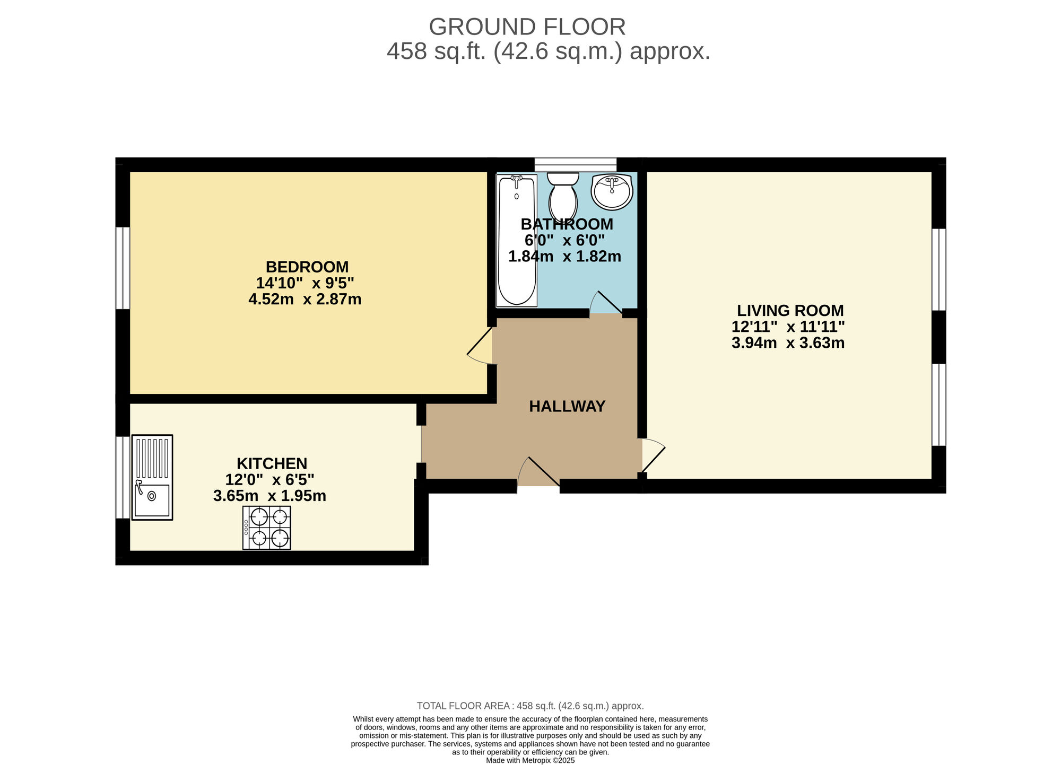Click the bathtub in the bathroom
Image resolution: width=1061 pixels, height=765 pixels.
tap(516, 240)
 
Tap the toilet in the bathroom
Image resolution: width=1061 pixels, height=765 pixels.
tap(563, 195)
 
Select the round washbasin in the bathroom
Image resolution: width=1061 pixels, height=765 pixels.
tap(612, 191)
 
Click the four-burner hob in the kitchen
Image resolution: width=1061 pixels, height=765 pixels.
tap(267, 527)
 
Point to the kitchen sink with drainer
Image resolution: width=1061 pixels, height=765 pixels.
tap(152, 477)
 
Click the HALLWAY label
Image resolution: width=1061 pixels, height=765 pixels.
tap(567, 407)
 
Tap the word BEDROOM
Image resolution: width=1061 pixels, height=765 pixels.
tap(307, 267)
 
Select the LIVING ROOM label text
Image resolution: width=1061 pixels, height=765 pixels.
tap(790, 311)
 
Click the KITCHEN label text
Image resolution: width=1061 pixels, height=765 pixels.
tap(272, 464)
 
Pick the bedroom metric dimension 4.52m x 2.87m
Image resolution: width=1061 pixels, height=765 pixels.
tap(305, 300)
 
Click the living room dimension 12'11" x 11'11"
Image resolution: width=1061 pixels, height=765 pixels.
tap(788, 327)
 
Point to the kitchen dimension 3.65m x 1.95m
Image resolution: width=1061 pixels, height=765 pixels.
tap(269, 496)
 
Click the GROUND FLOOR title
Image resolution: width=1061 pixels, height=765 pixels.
tap(527, 27)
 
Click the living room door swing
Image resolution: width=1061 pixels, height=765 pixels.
tap(653, 455)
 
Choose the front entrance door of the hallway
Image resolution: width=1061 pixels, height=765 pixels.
tap(538, 471)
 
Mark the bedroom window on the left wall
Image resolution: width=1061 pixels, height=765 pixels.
tap(123, 268)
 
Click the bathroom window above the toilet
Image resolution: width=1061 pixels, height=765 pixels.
tap(576, 164)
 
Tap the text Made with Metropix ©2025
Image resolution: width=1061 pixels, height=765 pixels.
tap(530, 760)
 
